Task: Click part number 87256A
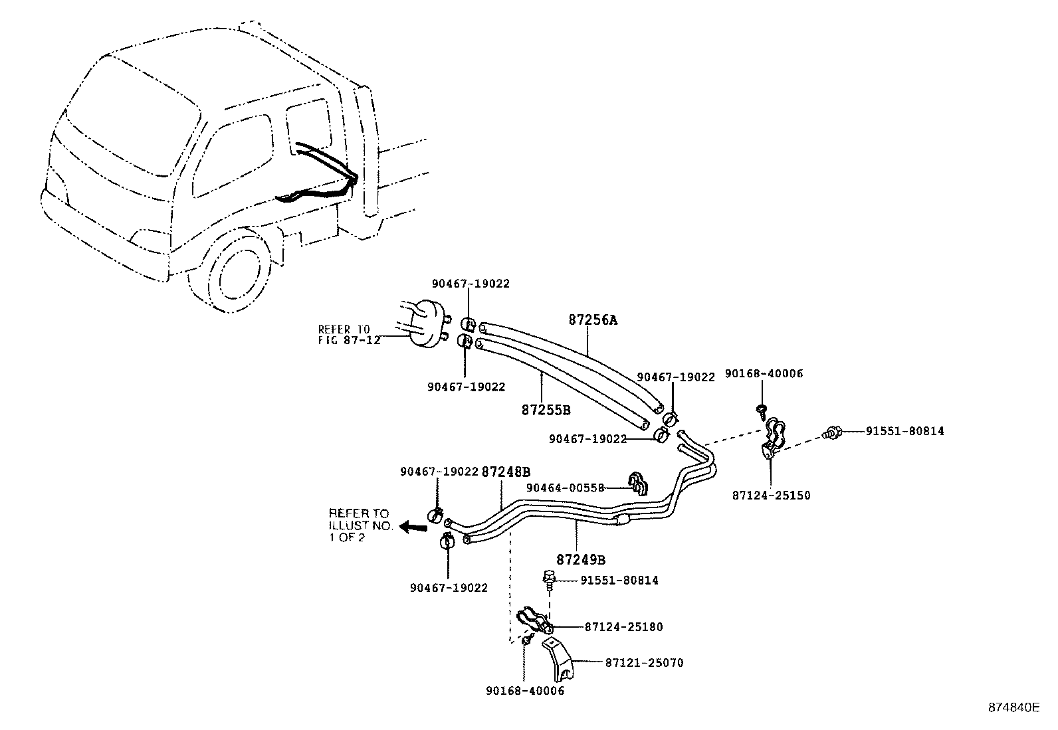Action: [x=593, y=320]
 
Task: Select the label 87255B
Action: [x=546, y=410]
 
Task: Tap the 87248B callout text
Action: [x=506, y=472]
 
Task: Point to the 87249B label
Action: [x=581, y=560]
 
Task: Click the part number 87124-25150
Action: [x=772, y=496]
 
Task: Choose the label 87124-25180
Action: [x=623, y=627]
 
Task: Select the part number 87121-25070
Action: [x=644, y=663]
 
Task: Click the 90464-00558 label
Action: [x=565, y=488]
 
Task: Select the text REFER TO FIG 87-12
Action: [x=348, y=335]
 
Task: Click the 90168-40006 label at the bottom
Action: [x=524, y=691]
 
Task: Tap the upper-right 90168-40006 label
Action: [x=764, y=374]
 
